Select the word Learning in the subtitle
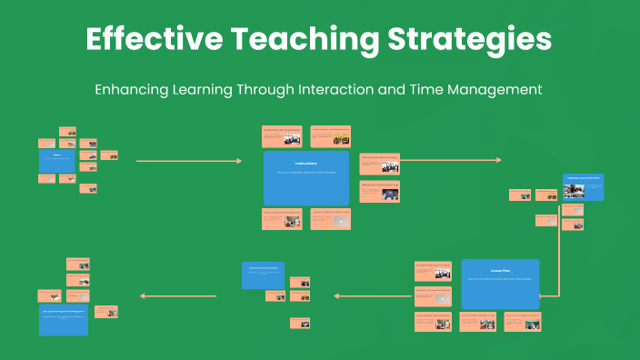pos(214,90)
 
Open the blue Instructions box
pos(306,177)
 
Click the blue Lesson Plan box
pos(500,283)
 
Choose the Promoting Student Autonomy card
pos(379,164)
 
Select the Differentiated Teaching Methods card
pos(379,192)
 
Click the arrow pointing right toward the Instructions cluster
pos(188,161)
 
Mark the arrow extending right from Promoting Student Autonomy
pos(450,160)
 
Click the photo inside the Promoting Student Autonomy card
pos(389,166)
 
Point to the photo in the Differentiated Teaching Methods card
pos(389,194)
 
